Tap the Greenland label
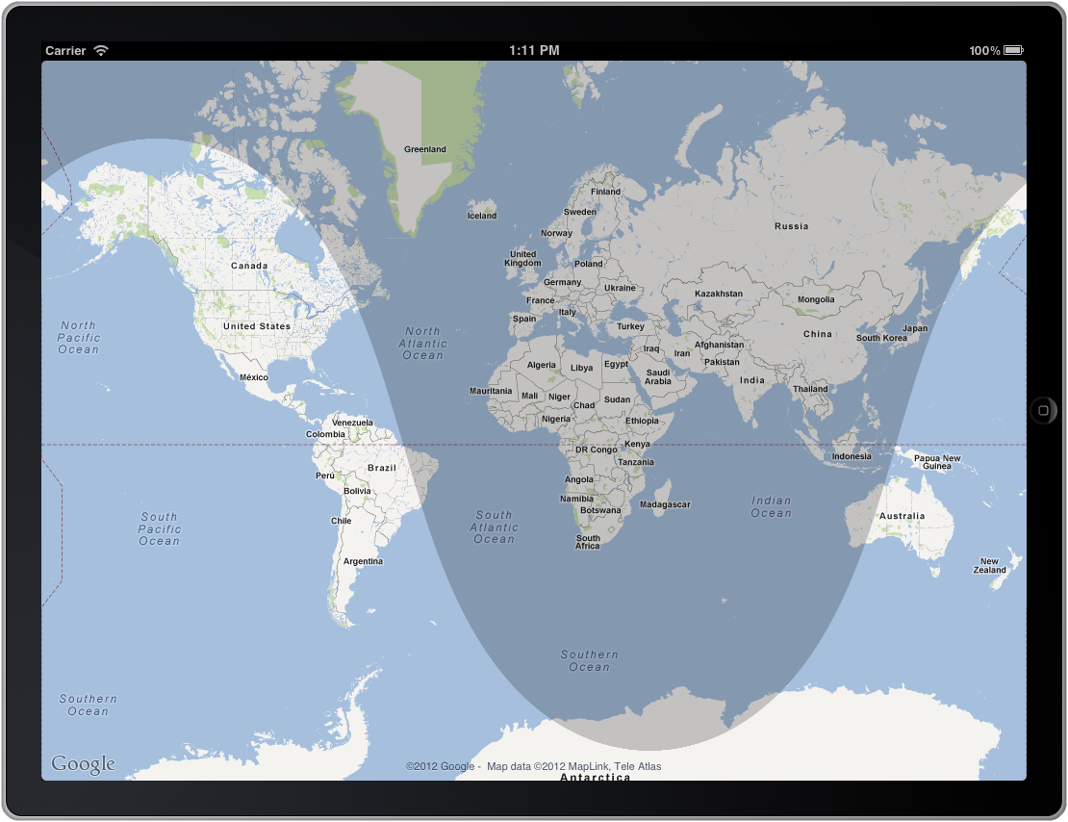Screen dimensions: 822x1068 (x=424, y=149)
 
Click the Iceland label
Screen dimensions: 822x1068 (x=482, y=216)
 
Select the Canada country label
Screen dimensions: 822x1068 (x=249, y=266)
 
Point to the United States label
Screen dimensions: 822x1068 (x=257, y=326)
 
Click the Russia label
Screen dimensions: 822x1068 (x=792, y=226)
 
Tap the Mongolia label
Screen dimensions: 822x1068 (x=816, y=299)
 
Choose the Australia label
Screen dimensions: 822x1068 (x=902, y=516)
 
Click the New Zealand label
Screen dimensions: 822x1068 (x=990, y=566)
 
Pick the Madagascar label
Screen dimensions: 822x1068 (x=665, y=504)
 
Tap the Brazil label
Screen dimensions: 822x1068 (x=382, y=468)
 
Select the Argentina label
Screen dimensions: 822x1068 (x=364, y=561)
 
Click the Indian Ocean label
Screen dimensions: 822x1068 (x=771, y=506)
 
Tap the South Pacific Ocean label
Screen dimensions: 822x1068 (x=160, y=528)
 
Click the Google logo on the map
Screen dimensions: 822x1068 (x=83, y=764)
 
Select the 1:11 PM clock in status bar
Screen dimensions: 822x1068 (x=534, y=50)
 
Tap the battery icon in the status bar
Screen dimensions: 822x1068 (x=1014, y=50)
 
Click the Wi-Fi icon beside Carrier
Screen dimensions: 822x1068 (x=101, y=50)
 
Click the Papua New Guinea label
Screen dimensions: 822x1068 (x=937, y=462)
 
